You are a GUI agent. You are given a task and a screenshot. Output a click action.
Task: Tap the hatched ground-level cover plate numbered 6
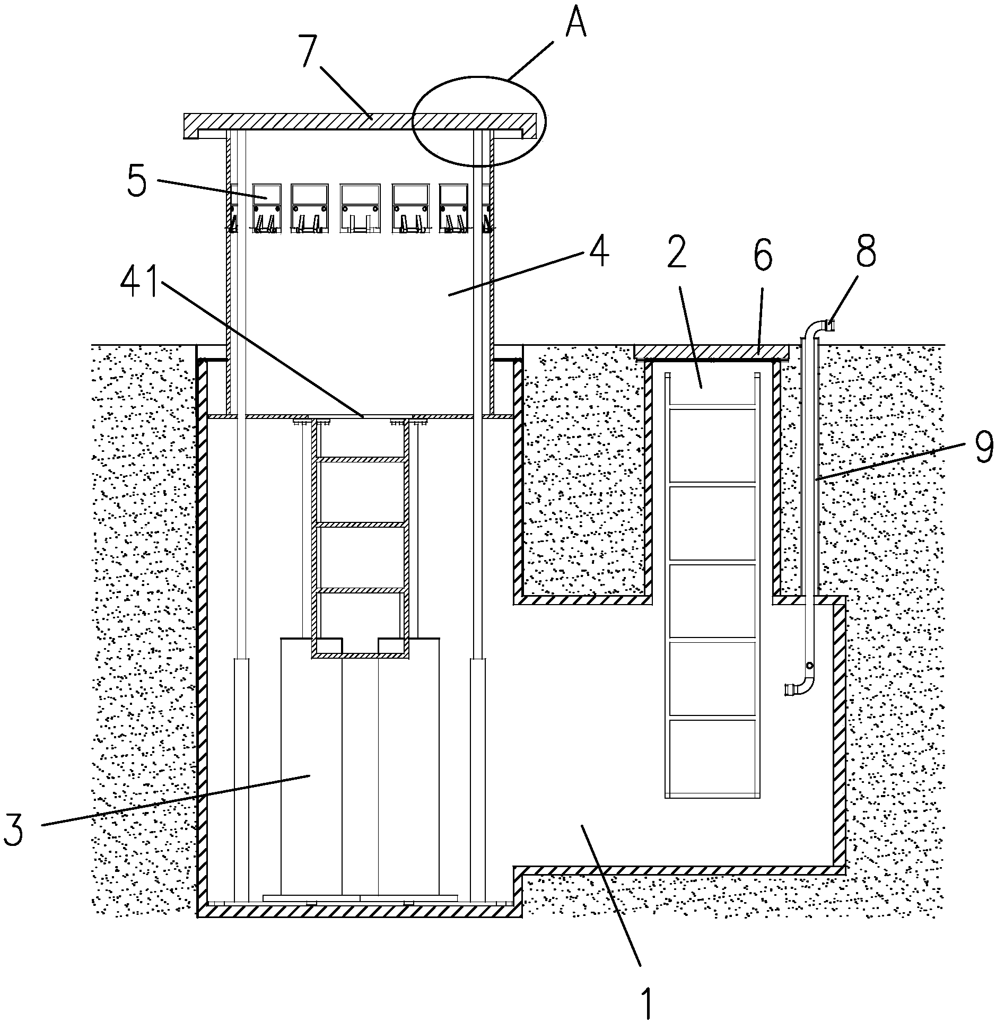tap(711, 351)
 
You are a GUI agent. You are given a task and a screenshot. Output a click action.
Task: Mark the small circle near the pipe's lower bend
tap(809, 666)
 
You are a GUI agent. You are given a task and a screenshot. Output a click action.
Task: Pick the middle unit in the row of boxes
tap(360, 207)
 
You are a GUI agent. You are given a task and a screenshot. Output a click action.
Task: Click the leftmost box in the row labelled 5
tap(266, 207)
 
